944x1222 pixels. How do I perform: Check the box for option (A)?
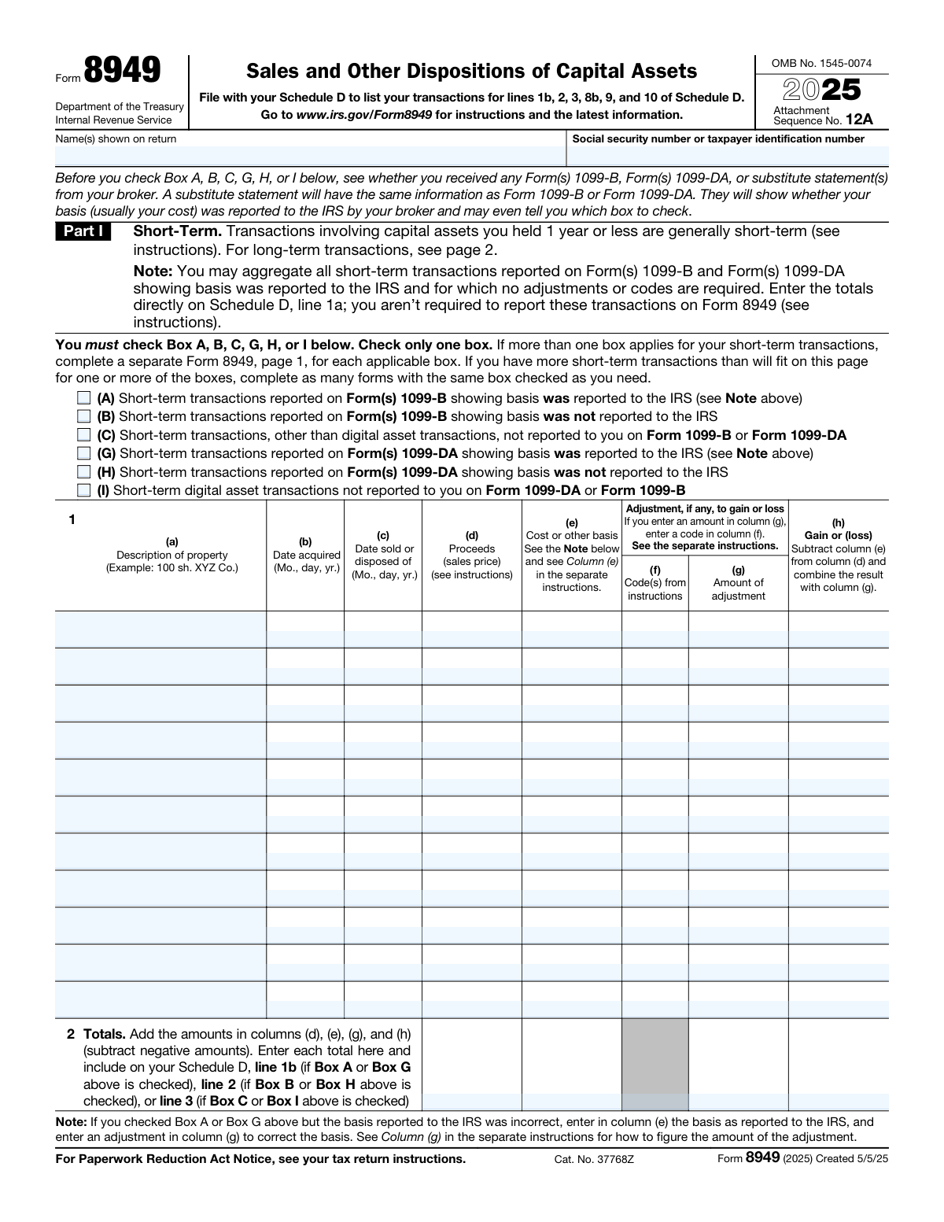point(84,398)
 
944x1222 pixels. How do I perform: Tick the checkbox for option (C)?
point(84,435)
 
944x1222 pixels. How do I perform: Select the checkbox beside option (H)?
point(84,472)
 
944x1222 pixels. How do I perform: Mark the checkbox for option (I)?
point(84,490)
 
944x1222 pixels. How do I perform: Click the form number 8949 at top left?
point(122,71)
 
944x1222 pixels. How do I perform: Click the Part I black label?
point(83,231)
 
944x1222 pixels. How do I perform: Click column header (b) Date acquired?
point(305,555)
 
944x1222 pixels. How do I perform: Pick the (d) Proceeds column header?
point(472,555)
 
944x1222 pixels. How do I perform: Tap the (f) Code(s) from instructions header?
point(655,583)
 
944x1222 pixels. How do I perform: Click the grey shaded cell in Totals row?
point(655,1064)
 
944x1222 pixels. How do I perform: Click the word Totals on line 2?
point(105,1034)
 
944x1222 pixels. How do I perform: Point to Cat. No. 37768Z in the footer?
point(593,1159)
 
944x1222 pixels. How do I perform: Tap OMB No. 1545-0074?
point(821,64)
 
